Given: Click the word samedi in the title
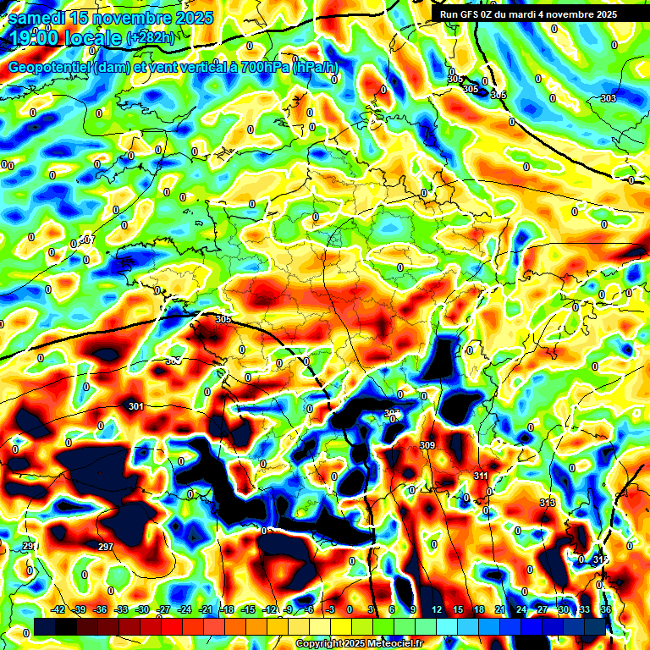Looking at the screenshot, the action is [x=37, y=18].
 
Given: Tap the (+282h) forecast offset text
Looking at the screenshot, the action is [x=150, y=38].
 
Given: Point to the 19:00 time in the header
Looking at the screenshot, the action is [x=34, y=38].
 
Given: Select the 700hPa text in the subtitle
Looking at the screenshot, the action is [x=261, y=67].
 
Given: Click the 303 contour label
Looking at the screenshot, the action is [x=608, y=99].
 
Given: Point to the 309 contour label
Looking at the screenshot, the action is [x=427, y=445].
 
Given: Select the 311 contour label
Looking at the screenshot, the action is [x=481, y=476].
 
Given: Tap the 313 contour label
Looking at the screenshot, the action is [x=547, y=504].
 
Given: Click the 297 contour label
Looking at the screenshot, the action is [x=106, y=548].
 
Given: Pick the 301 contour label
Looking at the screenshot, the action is [x=135, y=407].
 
